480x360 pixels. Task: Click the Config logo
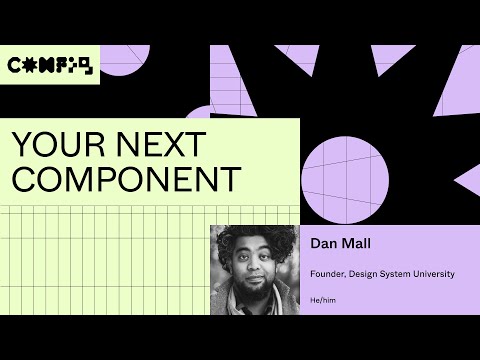point(49,66)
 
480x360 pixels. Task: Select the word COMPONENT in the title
point(126,179)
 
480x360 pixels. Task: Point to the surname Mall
point(359,243)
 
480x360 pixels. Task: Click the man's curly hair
point(255,240)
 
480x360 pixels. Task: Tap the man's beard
point(256,293)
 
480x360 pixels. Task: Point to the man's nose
point(257,273)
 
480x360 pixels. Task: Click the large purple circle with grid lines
point(344,171)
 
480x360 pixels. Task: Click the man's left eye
point(268,263)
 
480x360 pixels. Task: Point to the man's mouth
point(256,283)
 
